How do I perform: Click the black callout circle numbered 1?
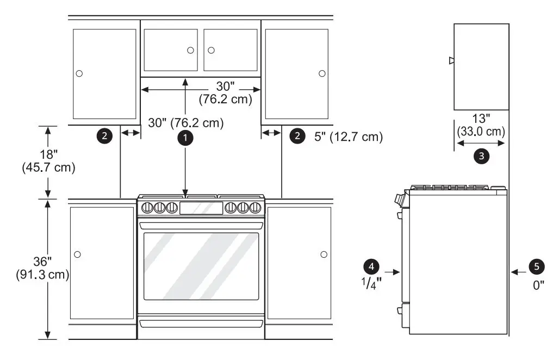(x=186, y=138)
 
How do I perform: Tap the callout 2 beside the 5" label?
(x=297, y=136)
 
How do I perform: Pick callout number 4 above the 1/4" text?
(x=371, y=266)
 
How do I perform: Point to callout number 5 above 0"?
(x=537, y=266)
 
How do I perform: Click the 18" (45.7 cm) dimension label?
(x=48, y=161)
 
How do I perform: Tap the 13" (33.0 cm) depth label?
(x=481, y=125)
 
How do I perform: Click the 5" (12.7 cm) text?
(x=349, y=137)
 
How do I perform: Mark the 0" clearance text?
(x=538, y=284)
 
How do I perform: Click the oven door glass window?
(x=201, y=266)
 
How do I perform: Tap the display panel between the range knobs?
(x=201, y=207)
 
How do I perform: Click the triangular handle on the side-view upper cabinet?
(x=451, y=61)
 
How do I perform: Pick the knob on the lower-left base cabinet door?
(x=77, y=255)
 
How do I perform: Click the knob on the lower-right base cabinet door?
(x=324, y=255)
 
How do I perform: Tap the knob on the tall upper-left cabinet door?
(x=79, y=73)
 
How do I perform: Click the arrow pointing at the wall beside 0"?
(x=519, y=270)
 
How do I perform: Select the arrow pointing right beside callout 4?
(x=392, y=270)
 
